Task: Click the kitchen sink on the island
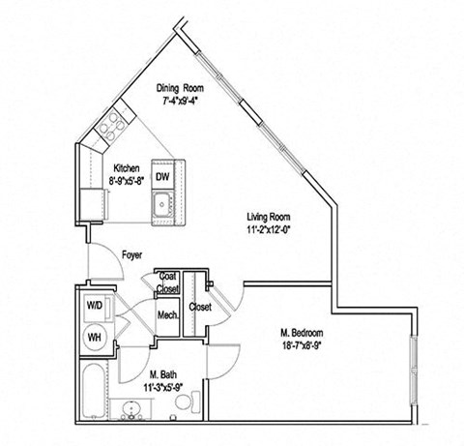pyautogui.click(x=162, y=204)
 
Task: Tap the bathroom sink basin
pyautogui.click(x=156, y=409)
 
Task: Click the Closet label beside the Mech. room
pyautogui.click(x=200, y=307)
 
